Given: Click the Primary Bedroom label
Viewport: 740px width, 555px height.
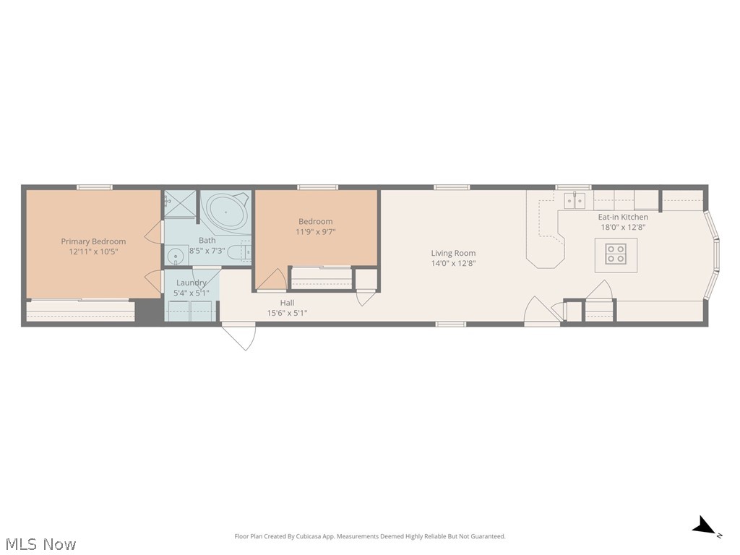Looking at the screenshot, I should pos(93,241).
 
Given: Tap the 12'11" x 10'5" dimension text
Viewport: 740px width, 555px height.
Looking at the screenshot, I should pos(93,252).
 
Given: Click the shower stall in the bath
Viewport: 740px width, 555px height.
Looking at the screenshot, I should pos(180,204).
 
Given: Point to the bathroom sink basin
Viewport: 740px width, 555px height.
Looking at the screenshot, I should pos(175,256).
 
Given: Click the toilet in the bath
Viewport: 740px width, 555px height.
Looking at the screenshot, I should pos(246,252).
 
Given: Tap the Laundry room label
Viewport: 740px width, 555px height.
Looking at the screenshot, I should pos(191,283).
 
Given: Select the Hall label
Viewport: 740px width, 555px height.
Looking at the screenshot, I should pos(287,303).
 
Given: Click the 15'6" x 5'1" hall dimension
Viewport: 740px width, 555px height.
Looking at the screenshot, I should pos(287,313).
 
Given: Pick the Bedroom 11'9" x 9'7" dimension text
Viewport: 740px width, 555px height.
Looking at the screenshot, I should pos(316,232).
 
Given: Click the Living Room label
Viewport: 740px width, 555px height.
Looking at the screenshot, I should pos(453,253).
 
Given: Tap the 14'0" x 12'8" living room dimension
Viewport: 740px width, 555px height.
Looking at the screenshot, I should pos(453,263).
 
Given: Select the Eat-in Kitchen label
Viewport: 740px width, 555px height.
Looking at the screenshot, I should pos(622,217).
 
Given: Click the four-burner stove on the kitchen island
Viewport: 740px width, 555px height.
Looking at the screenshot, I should pos(616,254).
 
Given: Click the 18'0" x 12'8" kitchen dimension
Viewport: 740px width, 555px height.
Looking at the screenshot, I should pos(622,227).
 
